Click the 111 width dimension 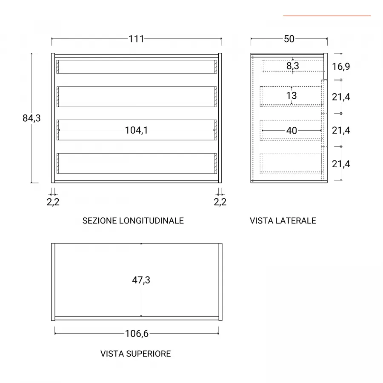point(136,39)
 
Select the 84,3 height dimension point(31,118)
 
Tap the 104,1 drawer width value point(136,131)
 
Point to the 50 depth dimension point(289,39)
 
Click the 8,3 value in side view point(293,66)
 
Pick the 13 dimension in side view point(292,95)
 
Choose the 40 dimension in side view point(292,131)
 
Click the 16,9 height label point(341,66)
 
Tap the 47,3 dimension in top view point(141,280)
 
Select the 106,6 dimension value point(137,334)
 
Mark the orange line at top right point(327,16)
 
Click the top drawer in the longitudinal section point(137,67)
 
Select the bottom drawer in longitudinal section point(137,163)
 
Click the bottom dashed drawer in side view point(291,164)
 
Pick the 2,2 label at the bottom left point(53,202)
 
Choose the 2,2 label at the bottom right point(220,202)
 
